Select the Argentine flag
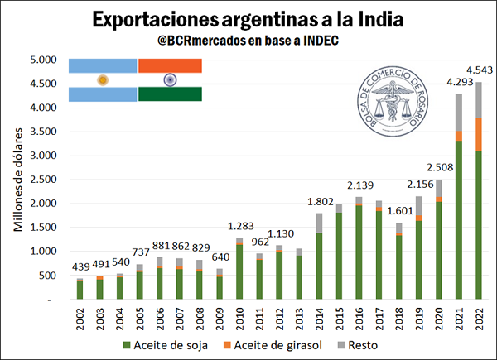coord(103,80)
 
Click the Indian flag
coord(170,80)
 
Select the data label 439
coord(78,267)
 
